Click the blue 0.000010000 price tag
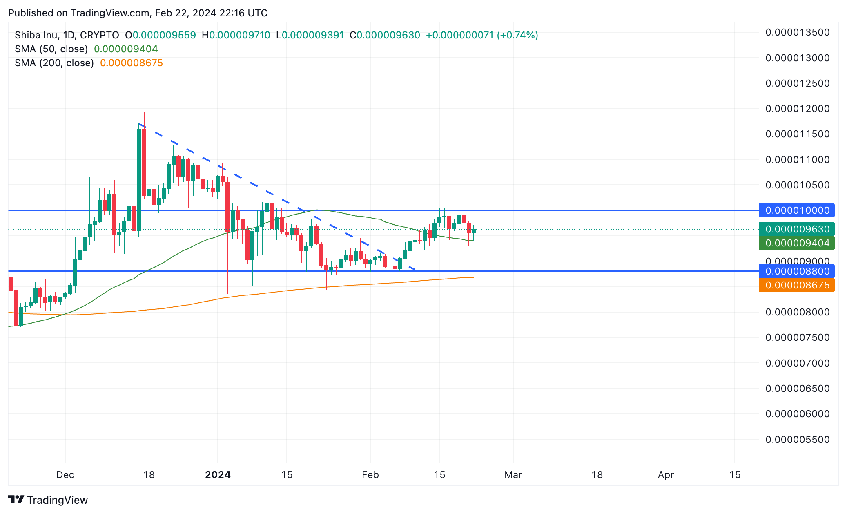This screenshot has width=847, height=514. click(796, 210)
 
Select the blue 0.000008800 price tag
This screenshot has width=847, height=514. click(796, 271)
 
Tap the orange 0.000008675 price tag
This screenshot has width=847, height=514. click(796, 285)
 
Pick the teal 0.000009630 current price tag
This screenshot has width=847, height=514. click(796, 229)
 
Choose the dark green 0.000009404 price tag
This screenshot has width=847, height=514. click(796, 243)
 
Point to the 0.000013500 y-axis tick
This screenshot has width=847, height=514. click(797, 32)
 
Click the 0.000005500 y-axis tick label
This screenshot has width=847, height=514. click(797, 440)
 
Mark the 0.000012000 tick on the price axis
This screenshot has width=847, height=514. click(797, 109)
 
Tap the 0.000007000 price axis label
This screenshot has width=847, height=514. click(797, 363)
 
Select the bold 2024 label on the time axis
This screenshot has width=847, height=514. click(218, 475)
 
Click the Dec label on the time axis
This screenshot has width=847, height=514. click(65, 475)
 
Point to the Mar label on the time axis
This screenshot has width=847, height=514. click(513, 475)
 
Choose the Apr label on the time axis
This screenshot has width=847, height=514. click(666, 475)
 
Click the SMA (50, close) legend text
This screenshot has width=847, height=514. click(51, 49)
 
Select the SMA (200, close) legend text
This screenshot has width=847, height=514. click(54, 63)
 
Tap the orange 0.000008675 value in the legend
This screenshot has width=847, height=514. click(131, 63)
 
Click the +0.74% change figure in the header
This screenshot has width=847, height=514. click(517, 35)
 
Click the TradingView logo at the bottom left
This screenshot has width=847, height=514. click(48, 500)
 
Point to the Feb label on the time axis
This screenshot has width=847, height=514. click(370, 475)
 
